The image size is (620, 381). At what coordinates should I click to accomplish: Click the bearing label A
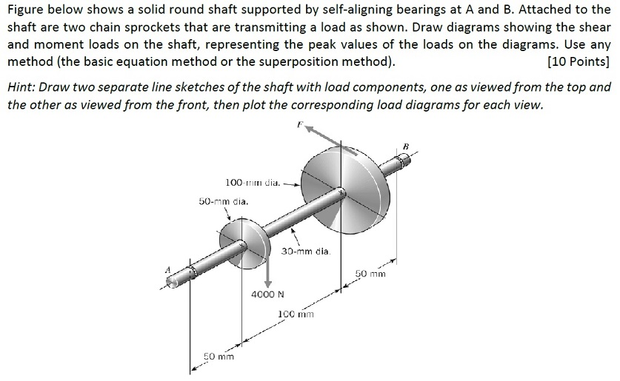click(167, 269)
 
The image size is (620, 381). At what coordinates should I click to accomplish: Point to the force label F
click(301, 126)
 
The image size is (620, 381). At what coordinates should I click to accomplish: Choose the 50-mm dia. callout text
click(224, 201)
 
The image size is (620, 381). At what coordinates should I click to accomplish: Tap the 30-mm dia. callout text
click(304, 252)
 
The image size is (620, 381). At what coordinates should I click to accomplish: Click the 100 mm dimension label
click(296, 314)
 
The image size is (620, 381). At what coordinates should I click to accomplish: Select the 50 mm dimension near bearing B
click(370, 274)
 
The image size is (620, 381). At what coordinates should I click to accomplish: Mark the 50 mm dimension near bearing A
click(219, 357)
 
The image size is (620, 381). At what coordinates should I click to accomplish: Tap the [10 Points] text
click(577, 61)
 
